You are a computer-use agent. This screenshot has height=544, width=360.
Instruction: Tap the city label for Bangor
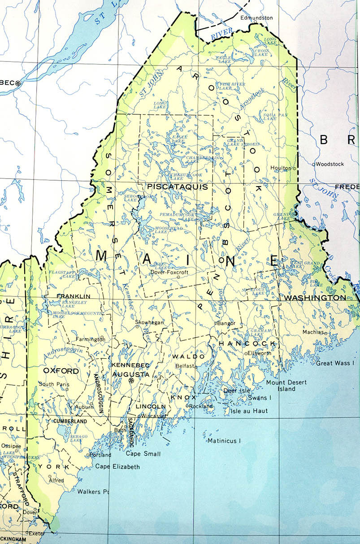pyautogui.click(x=226, y=323)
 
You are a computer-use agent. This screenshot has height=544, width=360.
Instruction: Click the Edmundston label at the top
pyautogui.click(x=256, y=18)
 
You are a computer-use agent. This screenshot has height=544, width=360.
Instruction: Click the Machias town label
pyautogui.click(x=312, y=332)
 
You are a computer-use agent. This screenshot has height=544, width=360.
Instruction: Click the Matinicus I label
pyautogui.click(x=224, y=441)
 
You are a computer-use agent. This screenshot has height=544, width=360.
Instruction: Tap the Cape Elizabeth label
pyautogui.click(x=117, y=466)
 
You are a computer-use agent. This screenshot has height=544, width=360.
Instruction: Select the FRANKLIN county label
pyautogui.click(x=74, y=296)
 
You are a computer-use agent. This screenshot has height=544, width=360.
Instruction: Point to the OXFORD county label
pyautogui.click(x=61, y=371)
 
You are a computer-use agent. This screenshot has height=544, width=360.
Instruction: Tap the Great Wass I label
pyautogui.click(x=334, y=363)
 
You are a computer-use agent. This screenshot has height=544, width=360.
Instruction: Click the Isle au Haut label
pyautogui.click(x=249, y=410)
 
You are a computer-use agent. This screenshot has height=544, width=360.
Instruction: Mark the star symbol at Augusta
pyautogui.click(x=131, y=381)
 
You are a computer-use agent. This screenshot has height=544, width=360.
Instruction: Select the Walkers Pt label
pyautogui.click(x=93, y=492)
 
